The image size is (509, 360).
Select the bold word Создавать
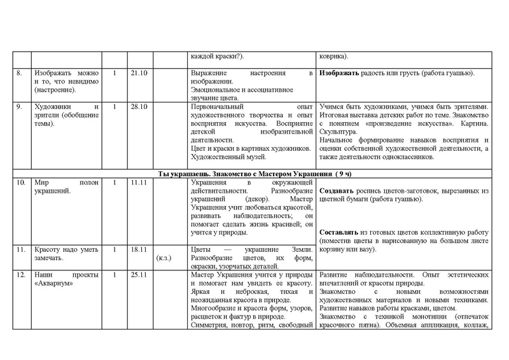(338, 191)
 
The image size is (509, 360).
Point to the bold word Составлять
(340, 233)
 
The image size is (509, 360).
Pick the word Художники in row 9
(54, 107)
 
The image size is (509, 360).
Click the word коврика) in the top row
(336, 55)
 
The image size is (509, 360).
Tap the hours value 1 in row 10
(115, 183)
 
